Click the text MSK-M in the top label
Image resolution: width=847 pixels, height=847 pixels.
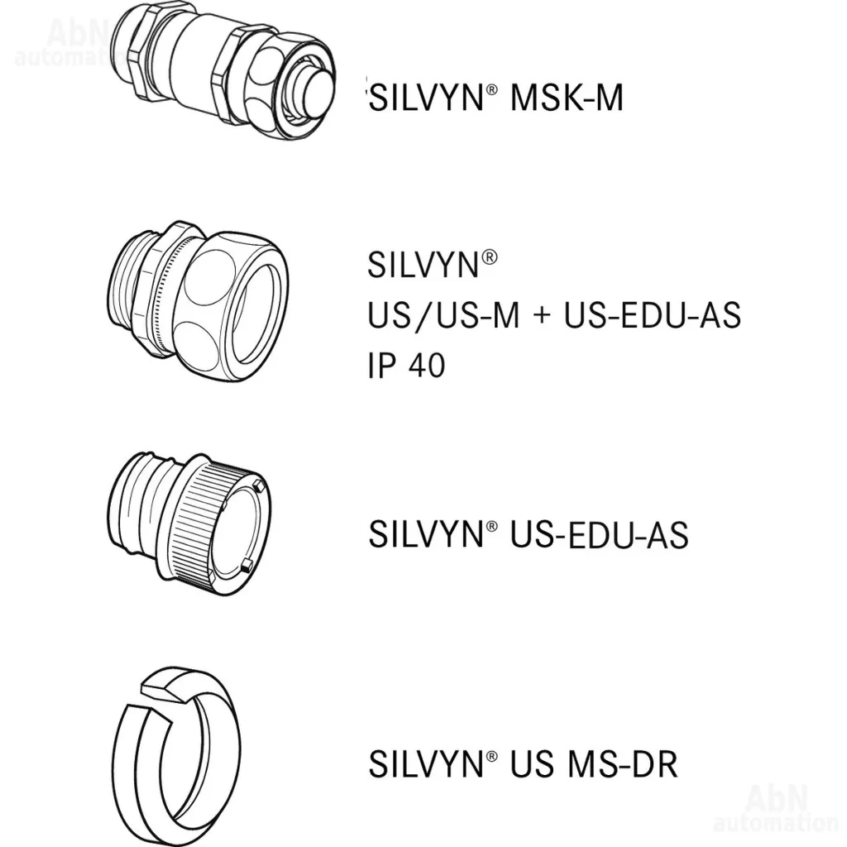(567, 98)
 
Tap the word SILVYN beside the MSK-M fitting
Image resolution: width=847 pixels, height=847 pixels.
(425, 98)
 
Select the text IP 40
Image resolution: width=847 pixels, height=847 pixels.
(406, 365)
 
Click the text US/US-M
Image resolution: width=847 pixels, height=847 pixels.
(443, 315)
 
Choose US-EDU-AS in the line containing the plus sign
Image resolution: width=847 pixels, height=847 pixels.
(652, 315)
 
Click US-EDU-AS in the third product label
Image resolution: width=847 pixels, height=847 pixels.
(599, 535)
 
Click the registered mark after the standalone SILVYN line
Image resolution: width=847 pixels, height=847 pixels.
(489, 257)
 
